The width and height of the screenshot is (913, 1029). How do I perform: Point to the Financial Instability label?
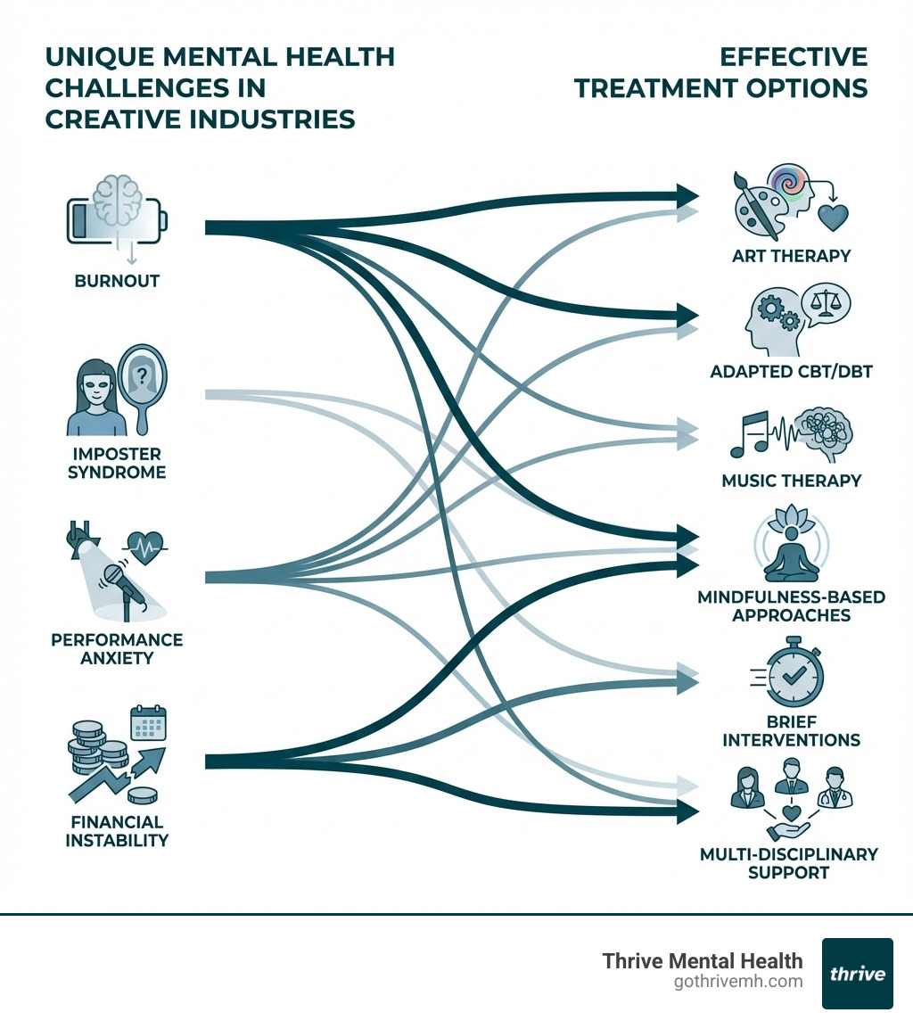click(x=117, y=830)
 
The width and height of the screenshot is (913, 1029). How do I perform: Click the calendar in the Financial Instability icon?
click(x=148, y=724)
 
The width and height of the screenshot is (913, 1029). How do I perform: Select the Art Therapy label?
click(x=792, y=256)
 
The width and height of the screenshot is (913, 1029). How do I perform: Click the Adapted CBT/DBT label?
click(x=791, y=370)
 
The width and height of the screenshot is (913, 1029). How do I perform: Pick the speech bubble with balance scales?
click(x=827, y=306)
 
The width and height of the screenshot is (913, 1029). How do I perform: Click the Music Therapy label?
click(x=792, y=481)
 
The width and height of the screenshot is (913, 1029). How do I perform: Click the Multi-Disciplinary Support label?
click(x=789, y=862)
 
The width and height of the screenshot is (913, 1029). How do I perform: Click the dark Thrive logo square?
click(x=857, y=973)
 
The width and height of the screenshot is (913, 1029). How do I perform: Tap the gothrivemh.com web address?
click(x=738, y=982)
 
